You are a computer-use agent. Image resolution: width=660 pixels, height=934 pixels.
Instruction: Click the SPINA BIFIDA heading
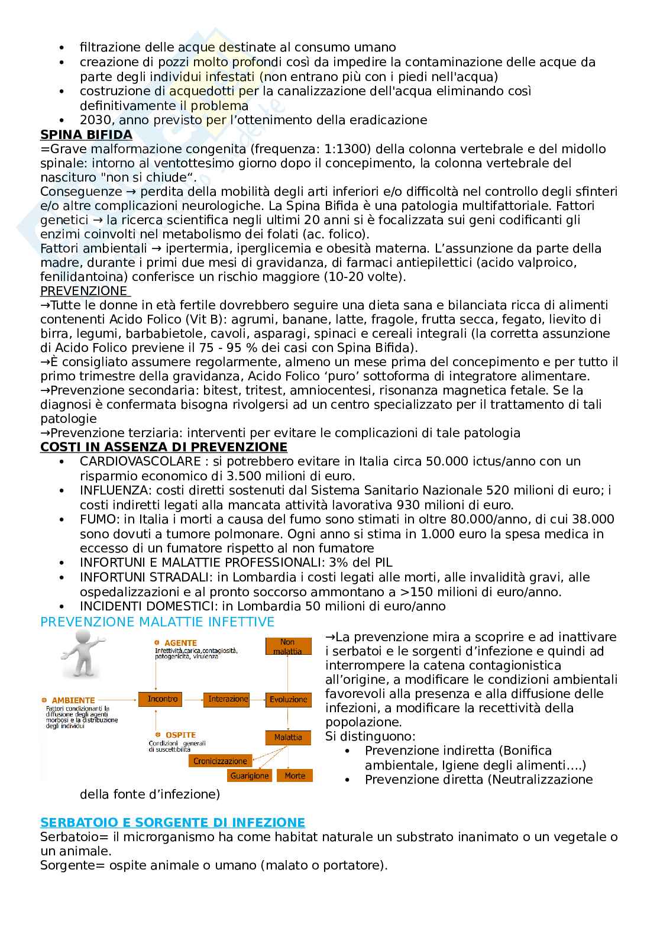pyautogui.click(x=86, y=134)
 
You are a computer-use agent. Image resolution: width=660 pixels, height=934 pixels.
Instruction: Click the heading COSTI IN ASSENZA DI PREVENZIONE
pyautogui.click(x=163, y=447)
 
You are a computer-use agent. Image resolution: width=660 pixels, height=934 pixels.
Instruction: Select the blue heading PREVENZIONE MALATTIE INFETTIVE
pyautogui.click(x=157, y=622)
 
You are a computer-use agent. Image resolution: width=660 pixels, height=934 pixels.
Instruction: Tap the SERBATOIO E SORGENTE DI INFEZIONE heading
pyautogui.click(x=172, y=822)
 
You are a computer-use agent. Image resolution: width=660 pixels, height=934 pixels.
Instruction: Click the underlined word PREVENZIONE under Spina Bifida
pyautogui.click(x=83, y=290)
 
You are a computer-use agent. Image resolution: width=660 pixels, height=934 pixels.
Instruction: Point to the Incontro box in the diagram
pyautogui.click(x=162, y=699)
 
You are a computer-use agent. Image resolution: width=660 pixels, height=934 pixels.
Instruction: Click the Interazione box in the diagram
pyautogui.click(x=228, y=699)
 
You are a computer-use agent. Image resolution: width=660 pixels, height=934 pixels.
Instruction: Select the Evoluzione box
pyautogui.click(x=288, y=699)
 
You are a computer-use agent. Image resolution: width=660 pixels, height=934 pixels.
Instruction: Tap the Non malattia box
pyautogui.click(x=287, y=647)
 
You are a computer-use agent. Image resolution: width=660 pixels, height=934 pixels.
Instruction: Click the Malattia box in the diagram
pyautogui.click(x=287, y=738)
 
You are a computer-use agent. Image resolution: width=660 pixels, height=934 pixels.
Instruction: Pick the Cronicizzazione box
pyautogui.click(x=220, y=761)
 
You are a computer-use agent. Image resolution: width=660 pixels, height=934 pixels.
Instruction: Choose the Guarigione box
pyautogui.click(x=250, y=775)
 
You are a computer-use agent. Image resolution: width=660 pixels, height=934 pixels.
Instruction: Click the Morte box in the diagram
pyautogui.click(x=295, y=775)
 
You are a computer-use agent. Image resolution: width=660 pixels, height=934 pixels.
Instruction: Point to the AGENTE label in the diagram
pyautogui.click(x=180, y=643)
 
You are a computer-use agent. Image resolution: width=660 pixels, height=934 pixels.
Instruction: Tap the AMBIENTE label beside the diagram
pyautogui.click(x=73, y=700)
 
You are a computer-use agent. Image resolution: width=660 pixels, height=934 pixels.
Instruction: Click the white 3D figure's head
pyautogui.click(x=81, y=639)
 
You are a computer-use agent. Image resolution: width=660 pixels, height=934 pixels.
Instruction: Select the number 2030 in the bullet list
pyautogui.click(x=93, y=120)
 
